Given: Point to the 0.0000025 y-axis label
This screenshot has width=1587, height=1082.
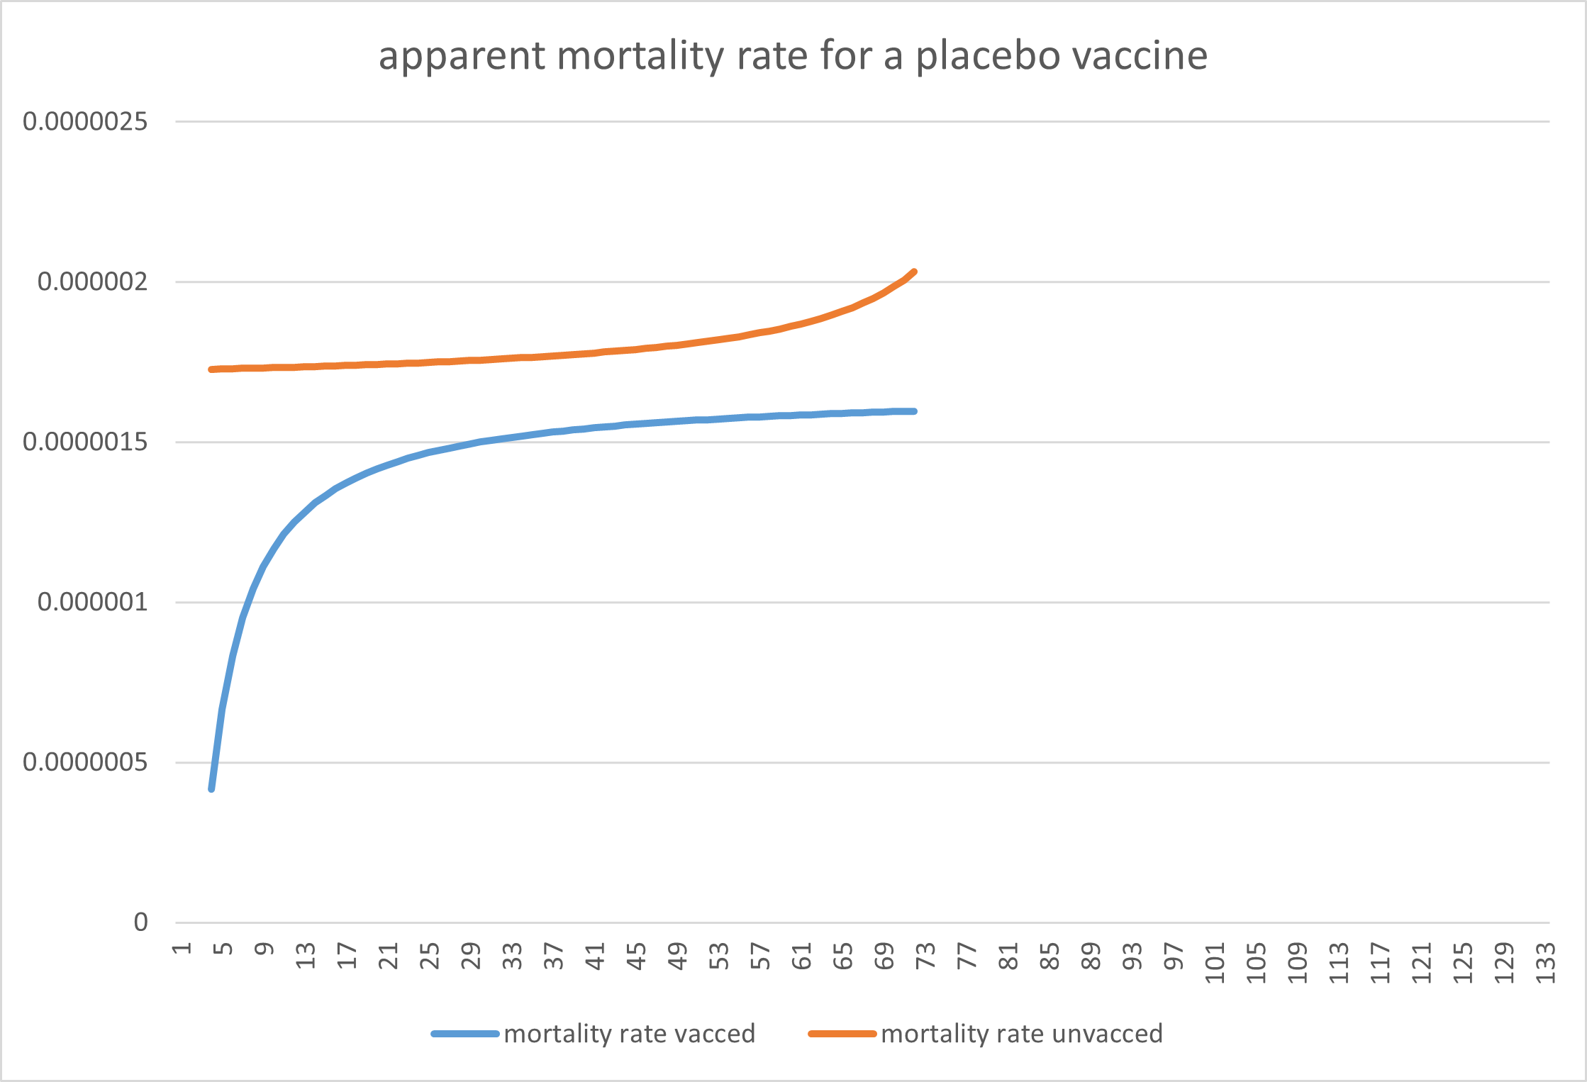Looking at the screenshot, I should [85, 121].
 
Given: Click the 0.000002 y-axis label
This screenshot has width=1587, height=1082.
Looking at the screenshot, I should [92, 281].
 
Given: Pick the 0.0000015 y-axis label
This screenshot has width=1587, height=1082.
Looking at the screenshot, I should [85, 442].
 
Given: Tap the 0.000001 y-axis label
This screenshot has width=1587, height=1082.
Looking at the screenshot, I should [92, 602].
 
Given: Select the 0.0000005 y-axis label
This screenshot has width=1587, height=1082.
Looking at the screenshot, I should [85, 762].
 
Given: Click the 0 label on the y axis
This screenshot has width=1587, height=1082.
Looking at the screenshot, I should [141, 922].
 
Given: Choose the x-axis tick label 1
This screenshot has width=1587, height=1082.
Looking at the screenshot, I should [182, 949].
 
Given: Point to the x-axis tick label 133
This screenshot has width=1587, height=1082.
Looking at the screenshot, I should [1545, 962].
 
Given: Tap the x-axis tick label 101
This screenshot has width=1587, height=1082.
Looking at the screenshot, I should [1215, 962].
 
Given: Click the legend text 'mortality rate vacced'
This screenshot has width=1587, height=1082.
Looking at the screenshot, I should [630, 1034].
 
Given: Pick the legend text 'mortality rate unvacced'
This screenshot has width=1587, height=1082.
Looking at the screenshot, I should [1022, 1034].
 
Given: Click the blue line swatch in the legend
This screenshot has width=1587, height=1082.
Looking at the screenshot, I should [465, 1034].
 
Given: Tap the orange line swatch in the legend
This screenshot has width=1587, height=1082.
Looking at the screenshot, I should [842, 1034].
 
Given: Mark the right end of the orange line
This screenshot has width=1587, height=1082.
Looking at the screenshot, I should [914, 272].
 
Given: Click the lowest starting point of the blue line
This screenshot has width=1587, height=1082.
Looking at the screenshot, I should [211, 788].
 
